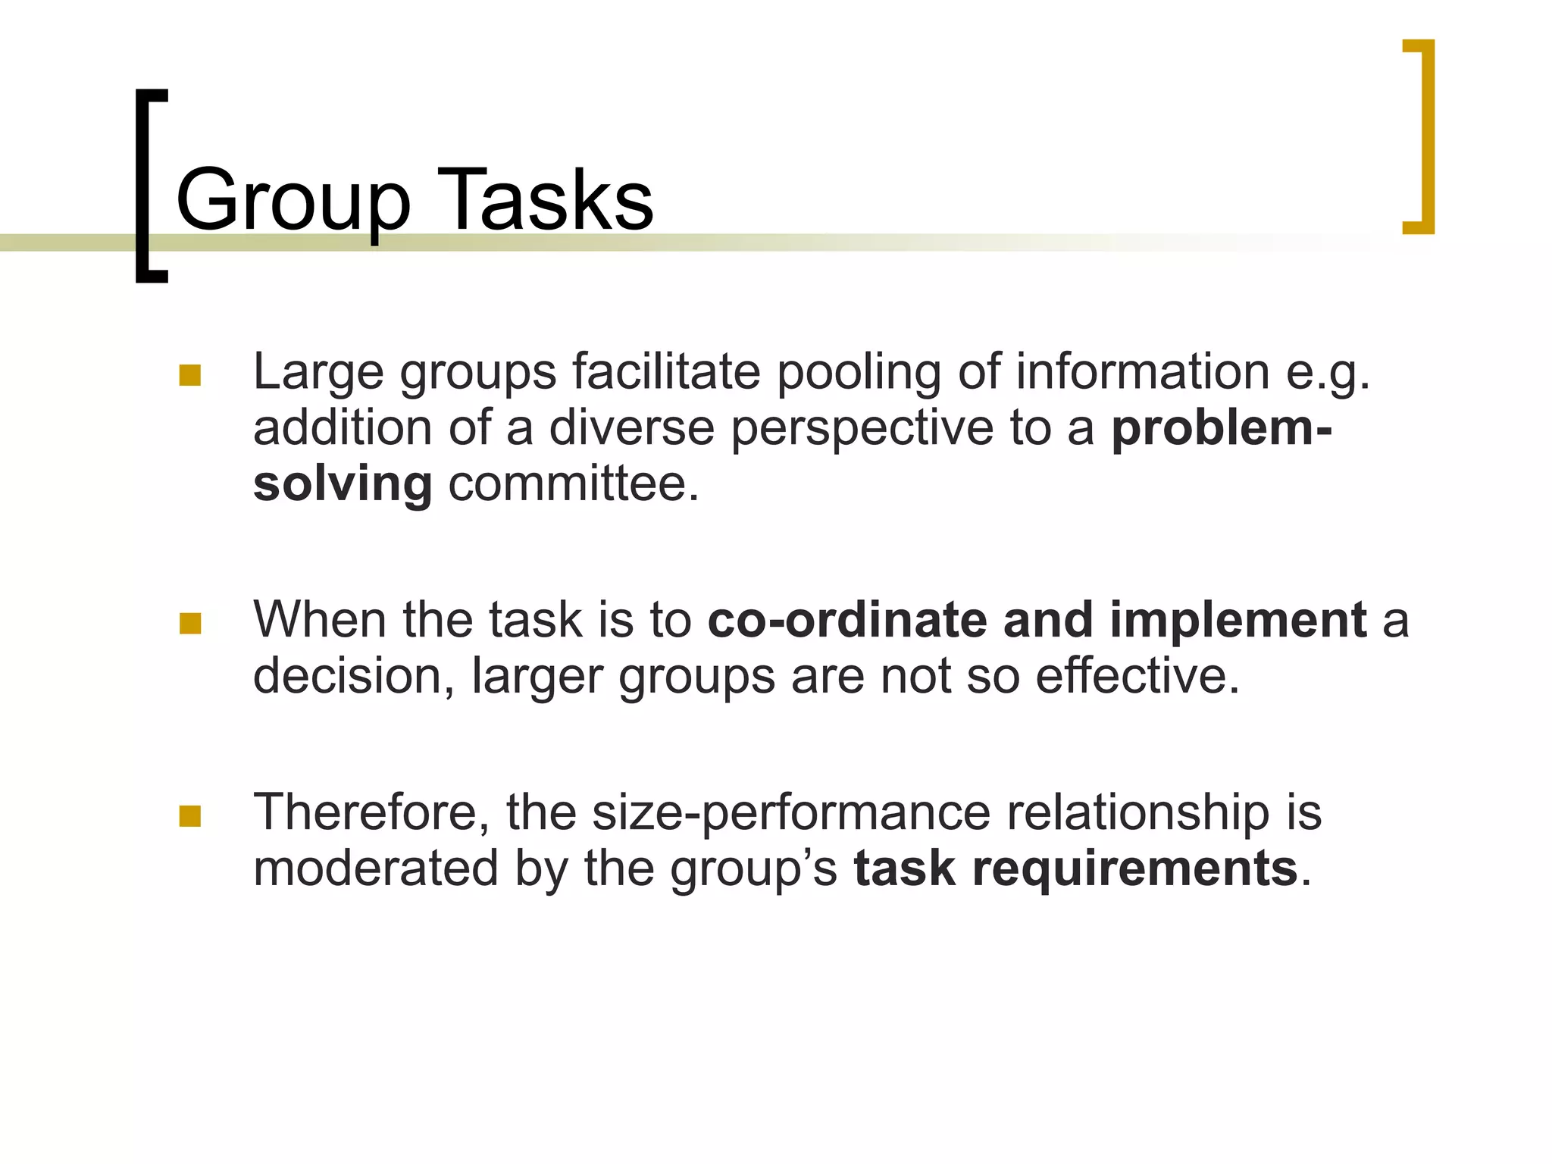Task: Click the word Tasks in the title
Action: [545, 200]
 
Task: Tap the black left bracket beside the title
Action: [149, 186]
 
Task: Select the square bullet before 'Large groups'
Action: [189, 376]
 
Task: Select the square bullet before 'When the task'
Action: [189, 623]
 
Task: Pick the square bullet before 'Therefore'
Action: [189, 815]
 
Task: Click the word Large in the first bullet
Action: [318, 373]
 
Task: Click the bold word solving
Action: [343, 484]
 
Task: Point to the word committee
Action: [573, 484]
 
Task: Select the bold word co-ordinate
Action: [847, 620]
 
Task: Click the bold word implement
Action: [1238, 620]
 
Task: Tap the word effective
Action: [1137, 676]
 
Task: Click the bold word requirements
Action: [1134, 868]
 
